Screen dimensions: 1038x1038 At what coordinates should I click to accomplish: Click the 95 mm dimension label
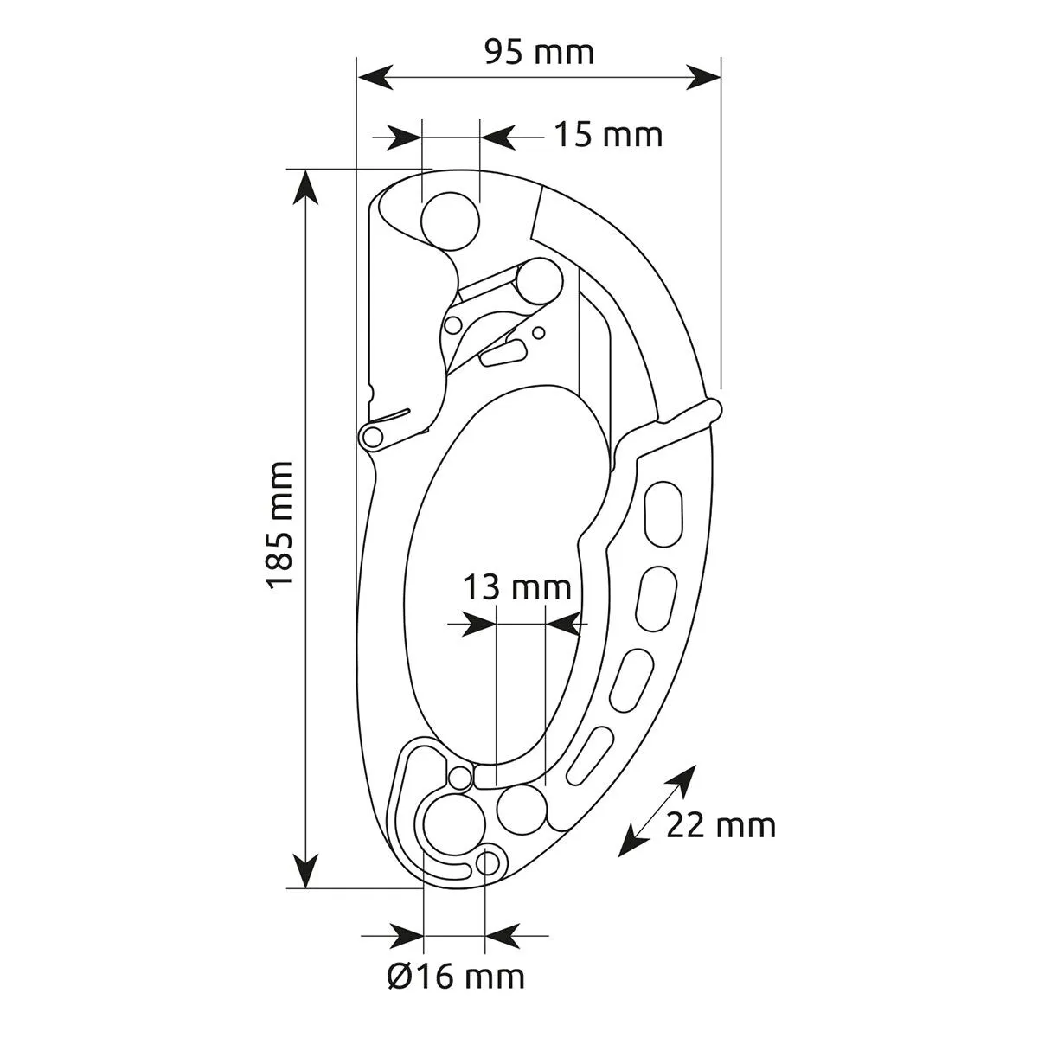(x=539, y=53)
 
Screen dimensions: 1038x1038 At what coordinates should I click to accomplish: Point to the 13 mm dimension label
(x=516, y=587)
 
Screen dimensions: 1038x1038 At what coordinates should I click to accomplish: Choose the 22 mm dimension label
(x=721, y=826)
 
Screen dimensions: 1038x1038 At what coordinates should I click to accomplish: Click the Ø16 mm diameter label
(x=456, y=977)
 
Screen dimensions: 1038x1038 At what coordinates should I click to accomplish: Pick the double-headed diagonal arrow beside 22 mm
(x=658, y=811)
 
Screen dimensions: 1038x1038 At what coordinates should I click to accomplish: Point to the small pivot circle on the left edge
(x=373, y=436)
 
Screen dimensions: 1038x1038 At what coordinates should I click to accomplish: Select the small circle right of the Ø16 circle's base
(x=489, y=862)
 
